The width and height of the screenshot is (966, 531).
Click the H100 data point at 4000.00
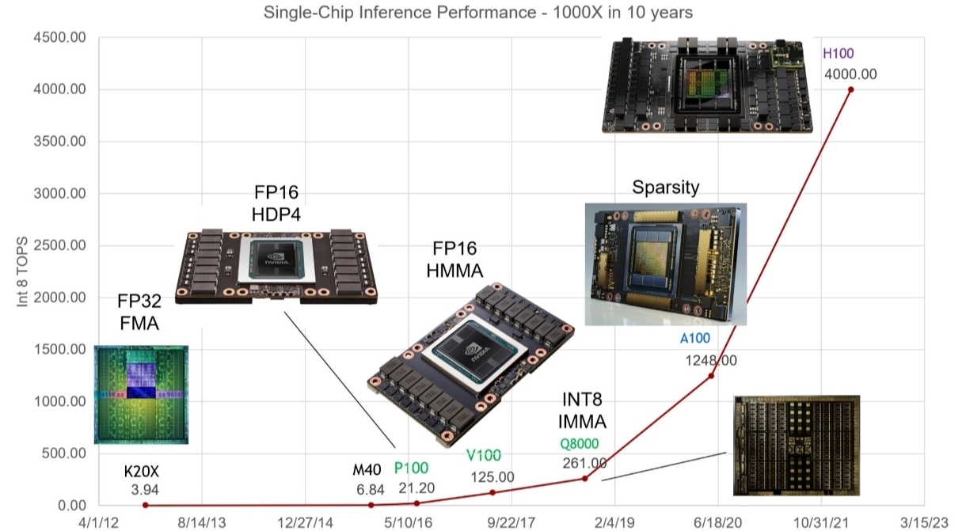pos(851,89)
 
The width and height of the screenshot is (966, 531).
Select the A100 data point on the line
pos(711,375)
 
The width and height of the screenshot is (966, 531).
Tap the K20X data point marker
pos(146,505)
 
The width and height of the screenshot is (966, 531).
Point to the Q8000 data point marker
pos(585,478)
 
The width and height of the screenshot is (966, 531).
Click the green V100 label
pos(484,456)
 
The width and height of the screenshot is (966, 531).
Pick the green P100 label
pos(411,467)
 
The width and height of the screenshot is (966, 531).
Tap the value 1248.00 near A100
pos(711,360)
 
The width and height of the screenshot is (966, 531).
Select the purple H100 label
pos(838,55)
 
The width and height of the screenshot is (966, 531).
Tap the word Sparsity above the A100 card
pos(665,188)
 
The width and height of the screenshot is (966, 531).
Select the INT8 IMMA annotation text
pos(584,410)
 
